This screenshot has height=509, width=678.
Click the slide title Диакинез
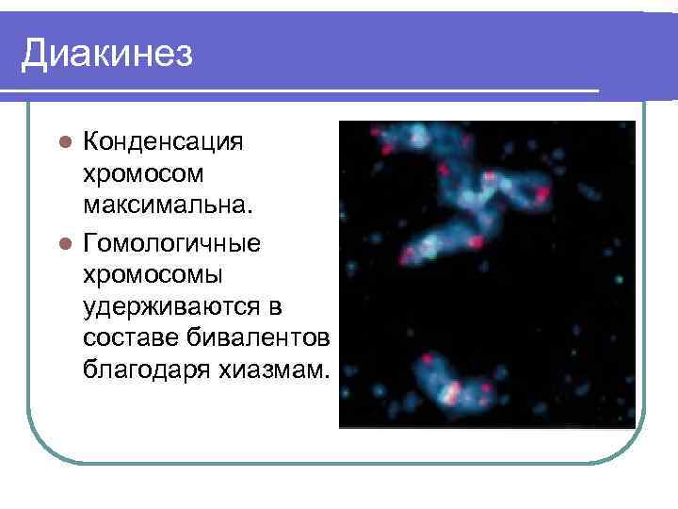(x=107, y=53)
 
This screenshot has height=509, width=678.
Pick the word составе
(x=128, y=337)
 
